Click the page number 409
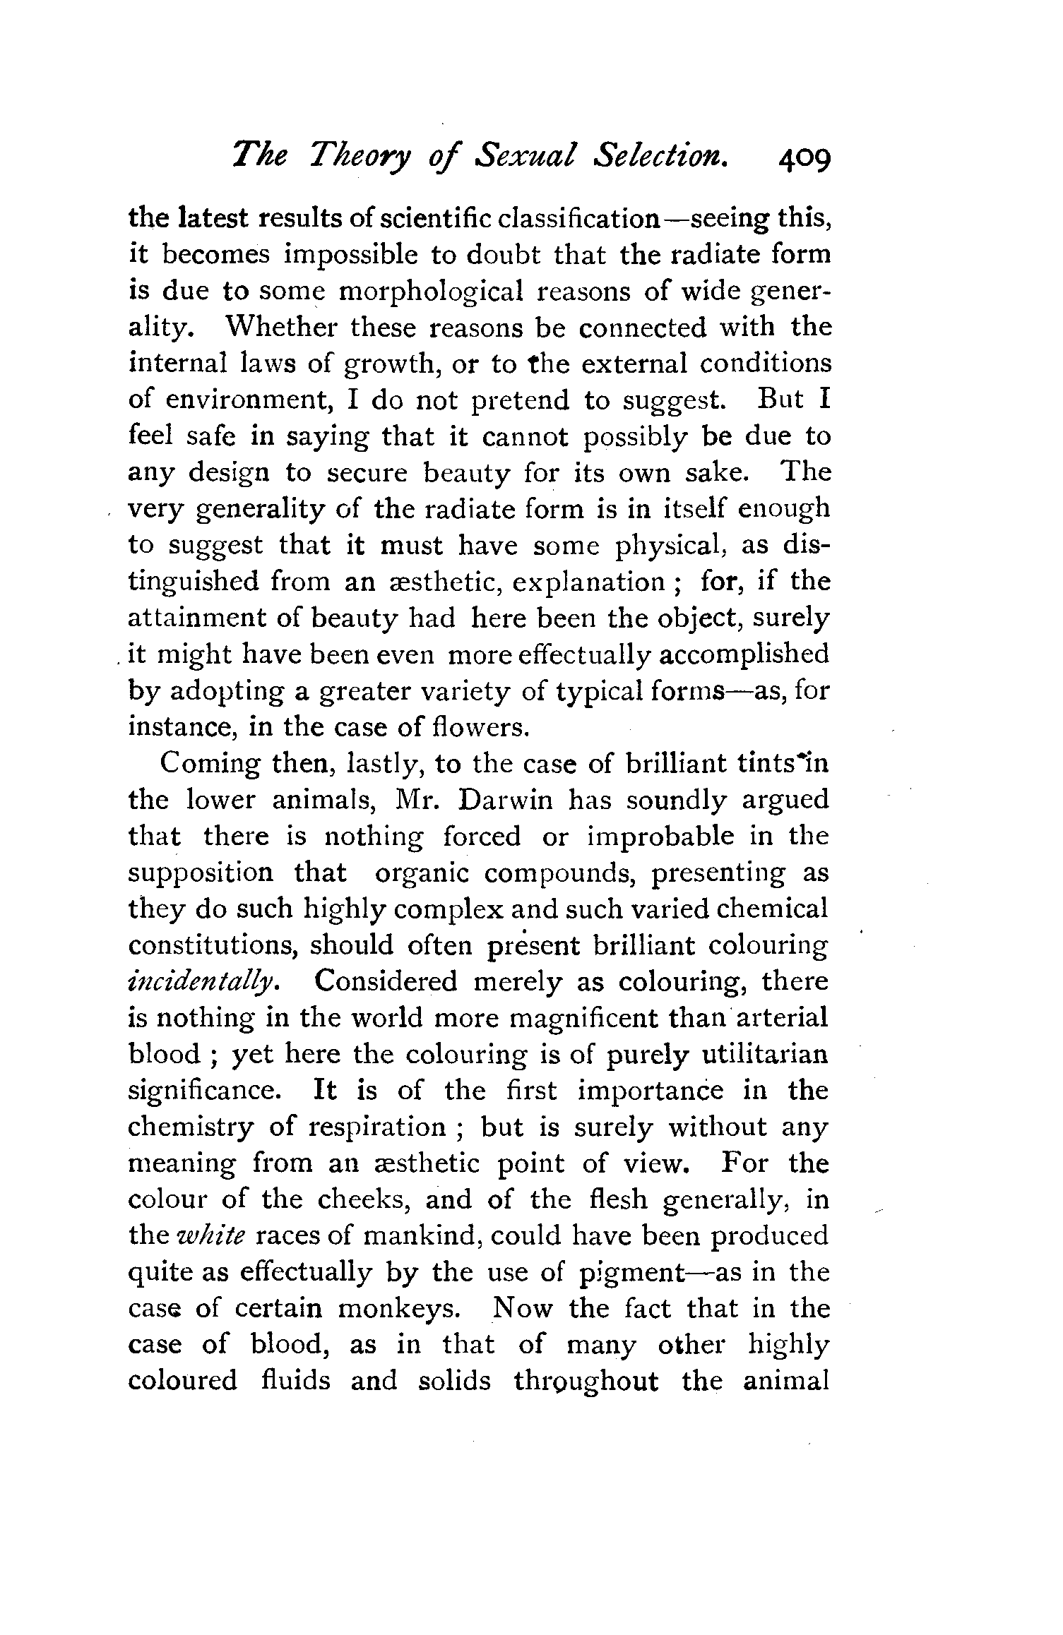(x=804, y=169)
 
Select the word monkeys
(x=400, y=1309)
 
